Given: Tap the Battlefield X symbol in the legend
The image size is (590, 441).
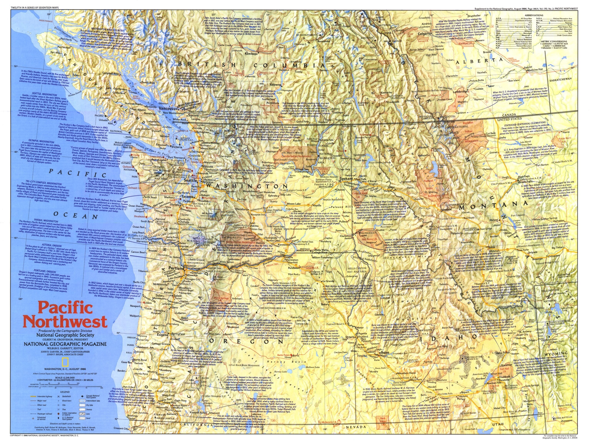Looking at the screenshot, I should point(58,396).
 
